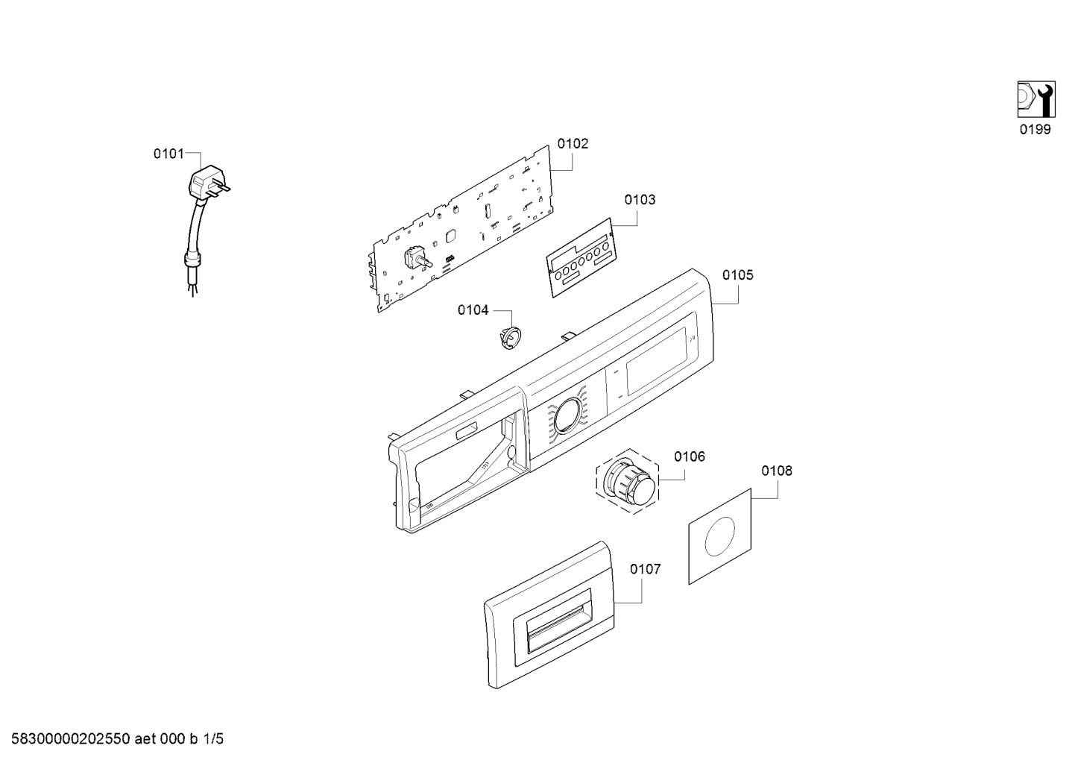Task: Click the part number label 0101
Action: (168, 154)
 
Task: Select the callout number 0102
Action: (573, 143)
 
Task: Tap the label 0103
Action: (640, 200)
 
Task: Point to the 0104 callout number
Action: (473, 310)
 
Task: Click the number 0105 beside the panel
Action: (737, 275)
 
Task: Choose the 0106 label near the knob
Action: (690, 456)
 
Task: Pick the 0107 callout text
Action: (646, 569)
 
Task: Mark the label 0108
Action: (777, 471)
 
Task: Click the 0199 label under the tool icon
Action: (1035, 129)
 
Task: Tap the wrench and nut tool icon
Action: (1036, 99)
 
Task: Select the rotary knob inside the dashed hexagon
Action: (629, 482)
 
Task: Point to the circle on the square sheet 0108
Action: (719, 537)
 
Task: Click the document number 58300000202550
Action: (71, 739)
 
